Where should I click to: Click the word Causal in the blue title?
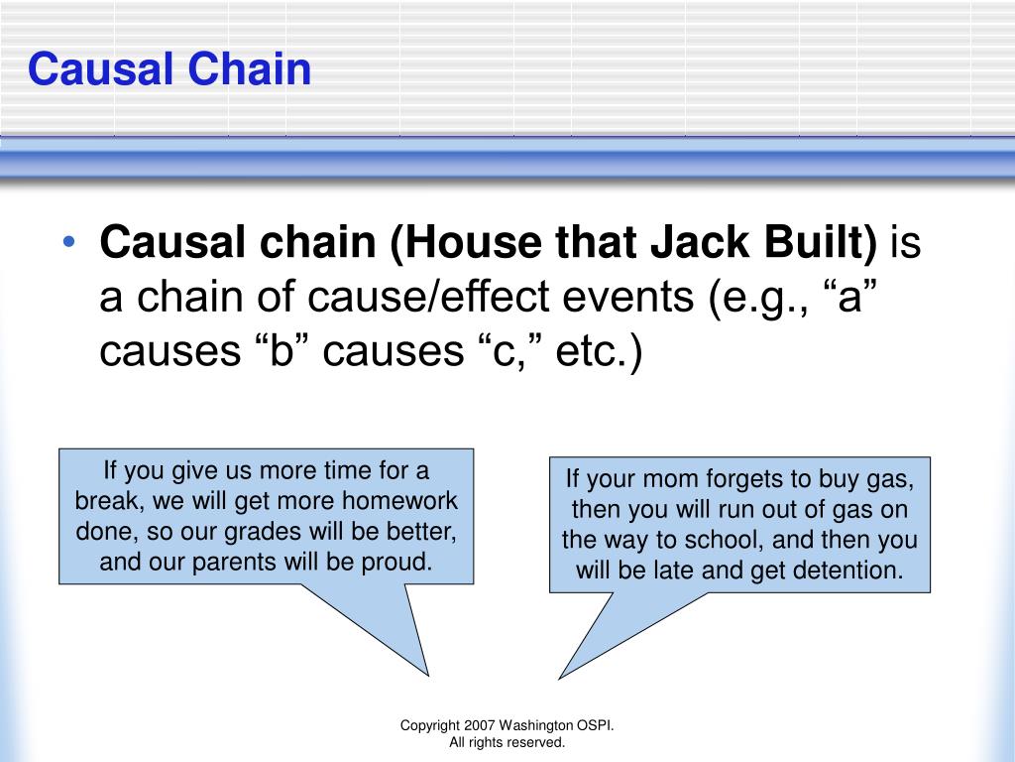coord(87,69)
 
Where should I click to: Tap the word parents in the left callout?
coord(231,563)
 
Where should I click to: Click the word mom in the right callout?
coord(698,478)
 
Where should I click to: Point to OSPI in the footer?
coord(596,726)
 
